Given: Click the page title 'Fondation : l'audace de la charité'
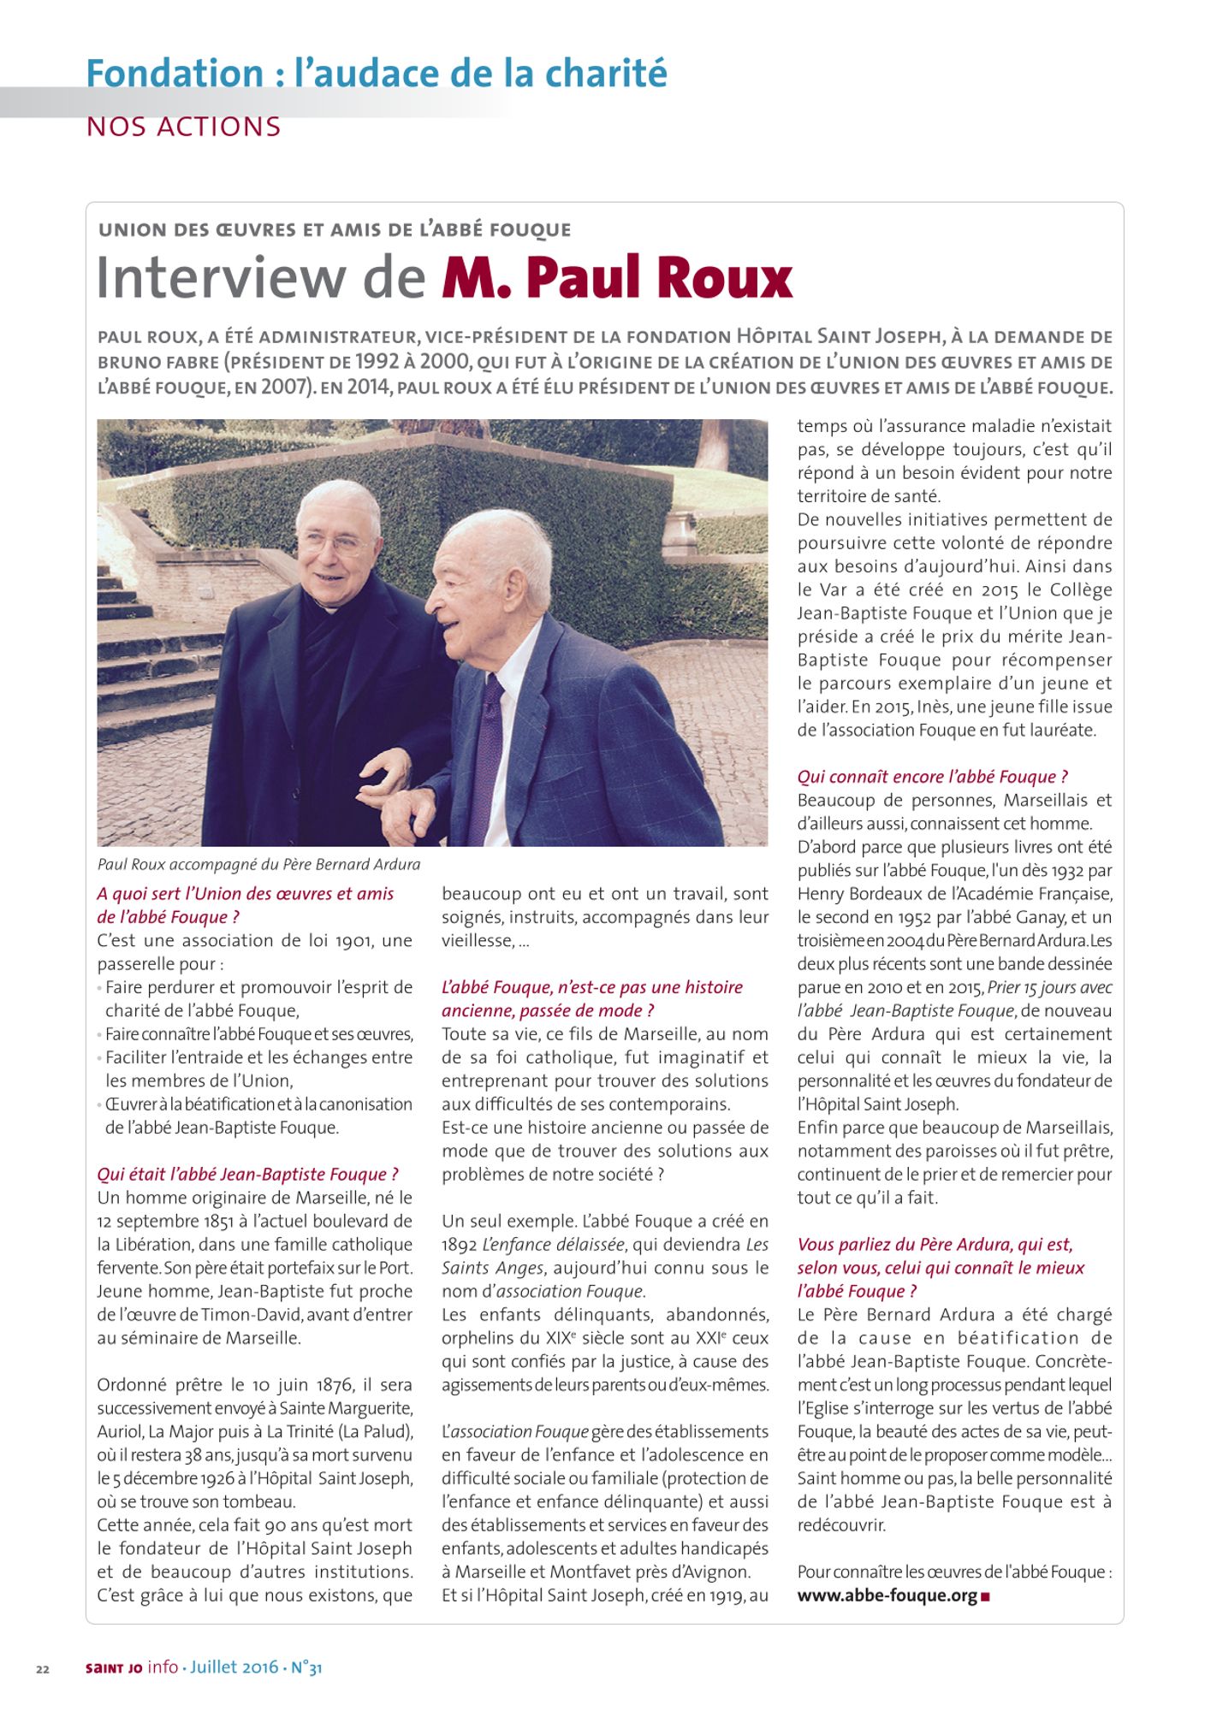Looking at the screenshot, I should pyautogui.click(x=377, y=74).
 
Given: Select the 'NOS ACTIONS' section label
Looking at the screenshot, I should pyautogui.click(x=184, y=127).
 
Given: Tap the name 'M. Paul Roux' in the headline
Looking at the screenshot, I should pyautogui.click(x=617, y=278).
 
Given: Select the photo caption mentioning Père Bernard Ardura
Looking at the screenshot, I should pyautogui.click(x=259, y=864).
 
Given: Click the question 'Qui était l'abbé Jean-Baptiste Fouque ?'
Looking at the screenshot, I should pyautogui.click(x=247, y=1174).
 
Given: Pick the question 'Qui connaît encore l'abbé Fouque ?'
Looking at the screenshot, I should pyautogui.click(x=932, y=777).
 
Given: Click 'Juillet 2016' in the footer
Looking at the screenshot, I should pyautogui.click(x=234, y=1667).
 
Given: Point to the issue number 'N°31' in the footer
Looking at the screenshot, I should pyautogui.click(x=306, y=1667).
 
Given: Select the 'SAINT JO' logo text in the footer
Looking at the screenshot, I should pyautogui.click(x=114, y=1668).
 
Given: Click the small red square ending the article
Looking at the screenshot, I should pyautogui.click(x=986, y=1596).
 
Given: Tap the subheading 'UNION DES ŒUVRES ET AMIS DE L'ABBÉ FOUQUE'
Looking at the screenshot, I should pyautogui.click(x=335, y=230).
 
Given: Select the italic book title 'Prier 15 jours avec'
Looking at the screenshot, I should pyautogui.click(x=1049, y=987).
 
